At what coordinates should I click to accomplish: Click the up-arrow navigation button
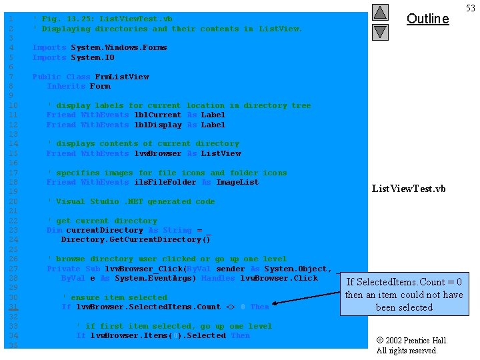coord(379,13)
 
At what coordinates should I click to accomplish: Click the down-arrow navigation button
coord(379,31)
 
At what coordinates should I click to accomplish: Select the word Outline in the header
coord(427,19)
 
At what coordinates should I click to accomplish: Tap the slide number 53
coord(471,8)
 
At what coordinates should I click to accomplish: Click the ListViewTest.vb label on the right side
coord(408,189)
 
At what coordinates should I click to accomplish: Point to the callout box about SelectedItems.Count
coord(404,294)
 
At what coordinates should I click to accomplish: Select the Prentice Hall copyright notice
coord(412,345)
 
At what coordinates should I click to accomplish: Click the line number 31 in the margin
coord(14,307)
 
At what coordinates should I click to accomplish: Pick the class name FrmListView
coord(122,77)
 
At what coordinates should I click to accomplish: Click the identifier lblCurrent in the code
coord(158,115)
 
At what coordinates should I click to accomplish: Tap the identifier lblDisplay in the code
coord(158,125)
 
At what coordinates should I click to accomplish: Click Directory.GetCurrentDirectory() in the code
coord(136,239)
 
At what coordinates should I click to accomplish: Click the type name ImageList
coord(237,182)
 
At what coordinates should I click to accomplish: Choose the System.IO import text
coord(93,57)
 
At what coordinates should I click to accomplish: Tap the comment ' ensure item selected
coord(114,297)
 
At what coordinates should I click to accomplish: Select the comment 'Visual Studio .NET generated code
coord(131,201)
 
